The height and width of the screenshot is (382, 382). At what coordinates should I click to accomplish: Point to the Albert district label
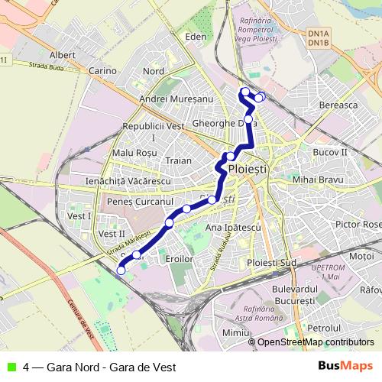point(62,55)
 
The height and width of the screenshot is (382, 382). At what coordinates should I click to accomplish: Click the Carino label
point(102,71)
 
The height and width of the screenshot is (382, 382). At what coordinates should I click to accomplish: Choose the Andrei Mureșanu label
point(176,99)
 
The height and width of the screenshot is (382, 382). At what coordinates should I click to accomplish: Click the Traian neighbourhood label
point(179,161)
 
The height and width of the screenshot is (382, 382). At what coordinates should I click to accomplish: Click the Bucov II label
point(330,153)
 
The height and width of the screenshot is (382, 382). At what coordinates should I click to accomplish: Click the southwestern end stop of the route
point(121,269)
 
